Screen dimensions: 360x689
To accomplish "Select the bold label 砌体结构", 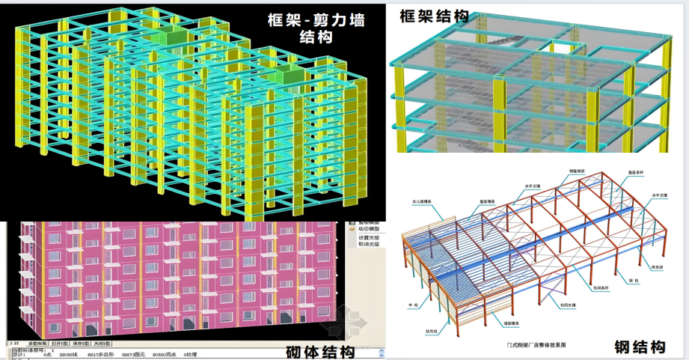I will [x=320, y=352].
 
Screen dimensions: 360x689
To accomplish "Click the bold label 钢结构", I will [x=640, y=347].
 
